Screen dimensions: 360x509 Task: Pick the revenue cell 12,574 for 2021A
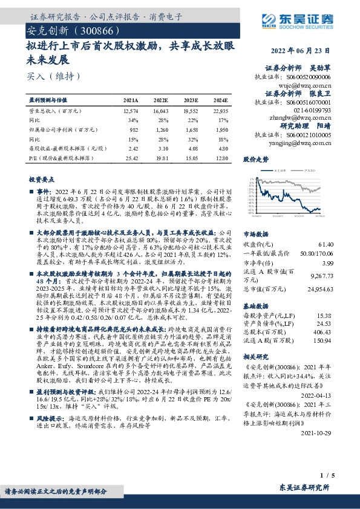pyautogui.click(x=130, y=111)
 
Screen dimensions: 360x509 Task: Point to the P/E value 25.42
pyautogui.click(x=131, y=157)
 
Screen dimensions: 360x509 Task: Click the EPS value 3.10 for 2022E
pyautogui.click(x=161, y=148)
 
